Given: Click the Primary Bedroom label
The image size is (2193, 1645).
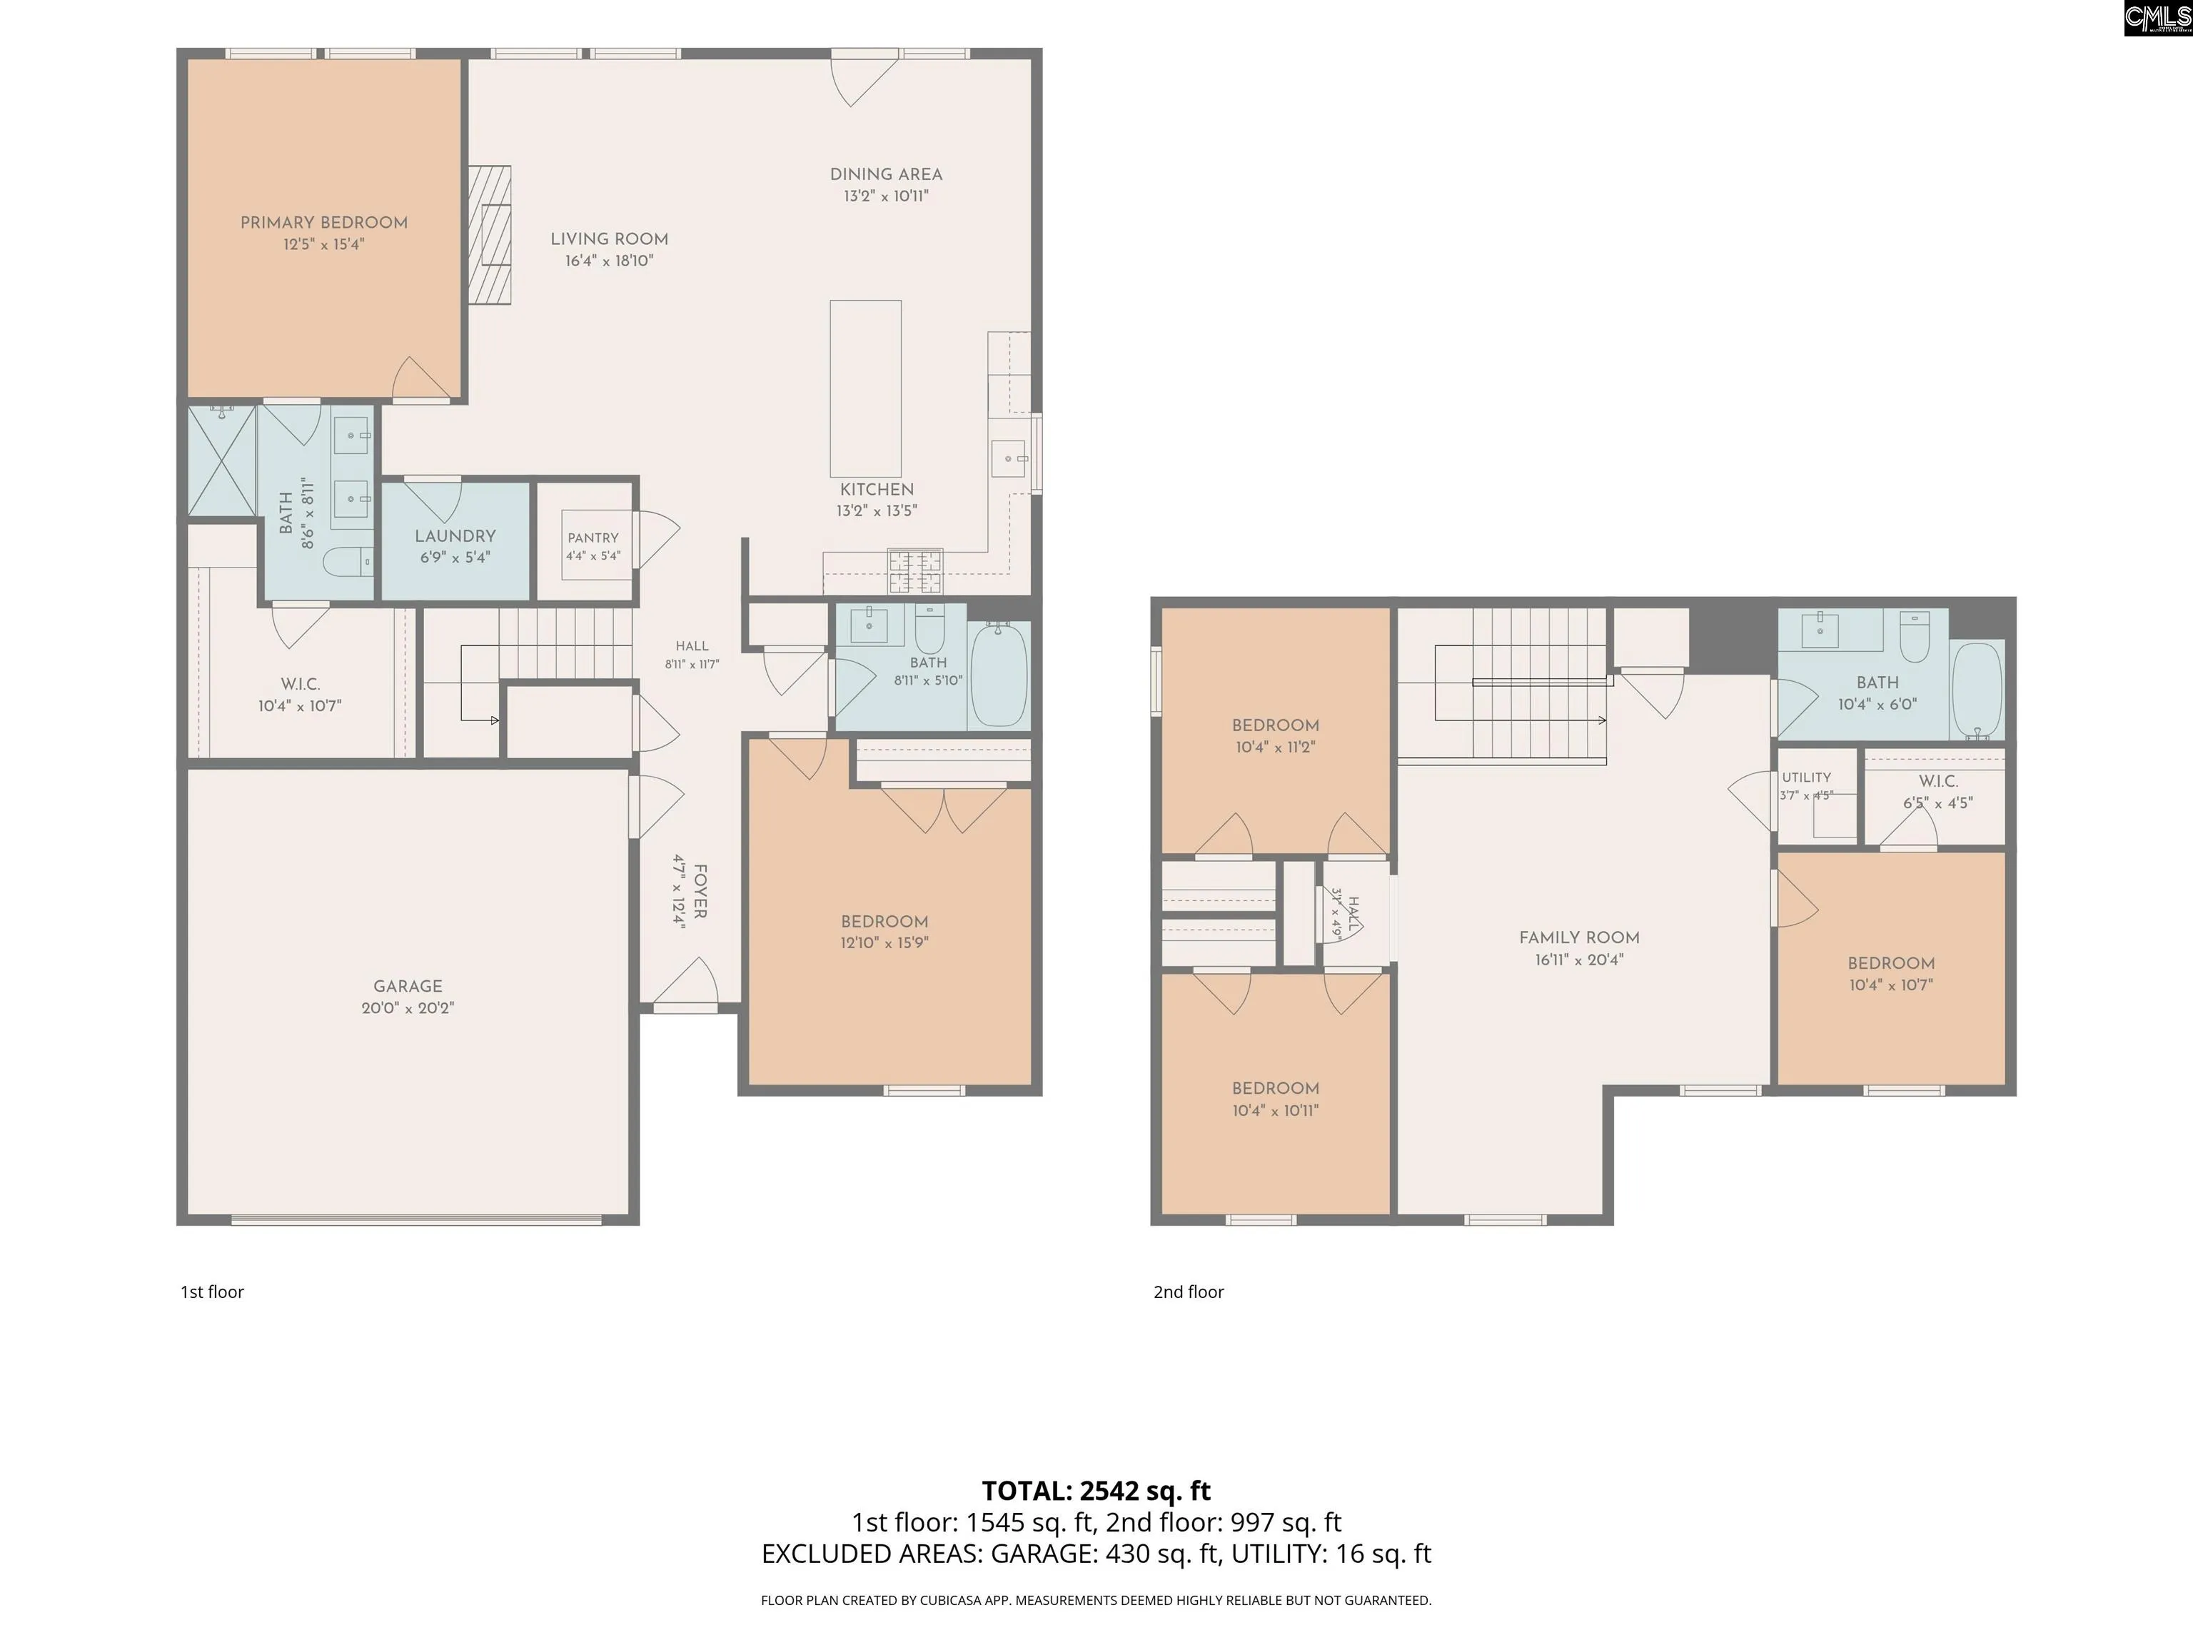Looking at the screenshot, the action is [324, 223].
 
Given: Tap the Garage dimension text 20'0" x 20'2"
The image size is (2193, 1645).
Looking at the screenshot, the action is [408, 1008].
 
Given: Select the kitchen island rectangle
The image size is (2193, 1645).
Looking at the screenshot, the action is [865, 388].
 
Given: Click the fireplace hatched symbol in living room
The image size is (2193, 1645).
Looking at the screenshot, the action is [490, 234].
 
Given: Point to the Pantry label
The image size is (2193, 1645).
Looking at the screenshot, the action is [593, 538].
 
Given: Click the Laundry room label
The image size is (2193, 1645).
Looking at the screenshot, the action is [455, 536].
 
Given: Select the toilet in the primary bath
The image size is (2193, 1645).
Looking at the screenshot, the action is [347, 561].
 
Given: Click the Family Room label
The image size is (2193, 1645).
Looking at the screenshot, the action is [1579, 938].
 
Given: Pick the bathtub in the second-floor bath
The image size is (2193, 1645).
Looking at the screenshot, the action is [1977, 690].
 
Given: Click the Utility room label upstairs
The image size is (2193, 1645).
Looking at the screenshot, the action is [1806, 778].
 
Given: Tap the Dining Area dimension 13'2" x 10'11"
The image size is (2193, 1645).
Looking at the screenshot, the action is [887, 196].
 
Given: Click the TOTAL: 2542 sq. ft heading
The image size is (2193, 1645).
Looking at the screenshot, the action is [1096, 1490].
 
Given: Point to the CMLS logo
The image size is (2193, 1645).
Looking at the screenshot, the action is [2157, 18].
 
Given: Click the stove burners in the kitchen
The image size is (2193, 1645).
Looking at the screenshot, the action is [915, 571].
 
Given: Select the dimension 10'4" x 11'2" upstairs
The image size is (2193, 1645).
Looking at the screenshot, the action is [1275, 748].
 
